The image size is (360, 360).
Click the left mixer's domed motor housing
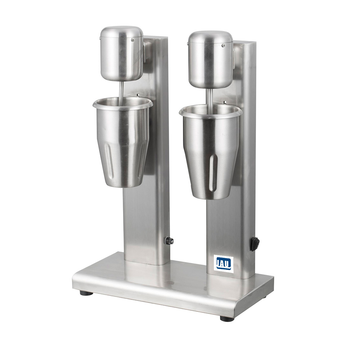(x=122, y=53)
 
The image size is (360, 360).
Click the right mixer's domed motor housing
(x=211, y=60)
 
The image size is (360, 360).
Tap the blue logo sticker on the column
(x=224, y=264)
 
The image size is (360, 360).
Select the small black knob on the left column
(x=170, y=241)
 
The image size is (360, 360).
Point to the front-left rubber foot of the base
(x=86, y=293)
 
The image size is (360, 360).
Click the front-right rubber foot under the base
(x=227, y=319)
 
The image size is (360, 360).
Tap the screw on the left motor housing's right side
(x=132, y=40)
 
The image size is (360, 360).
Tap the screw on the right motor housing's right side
(x=223, y=45)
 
